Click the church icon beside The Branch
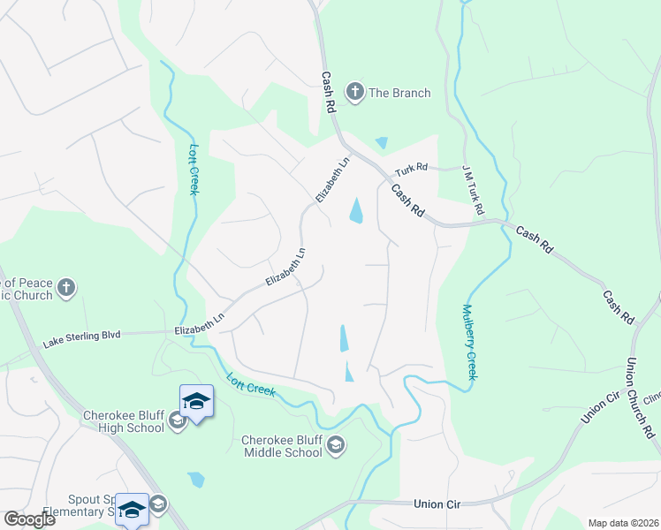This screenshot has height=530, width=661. point(354,93)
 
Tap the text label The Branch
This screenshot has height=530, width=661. point(399,94)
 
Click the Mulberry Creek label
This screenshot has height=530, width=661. point(469,343)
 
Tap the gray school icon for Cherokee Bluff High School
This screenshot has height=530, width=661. point(177,420)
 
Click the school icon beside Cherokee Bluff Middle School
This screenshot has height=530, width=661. point(335,445)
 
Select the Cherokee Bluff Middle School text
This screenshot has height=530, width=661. point(282,446)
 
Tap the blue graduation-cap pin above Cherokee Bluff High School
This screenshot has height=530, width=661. point(195,402)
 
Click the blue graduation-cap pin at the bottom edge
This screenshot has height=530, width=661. point(132,510)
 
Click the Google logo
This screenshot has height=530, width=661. point(29,519)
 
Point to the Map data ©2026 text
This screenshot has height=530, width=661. point(623,523)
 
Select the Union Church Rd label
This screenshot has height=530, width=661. point(639,397)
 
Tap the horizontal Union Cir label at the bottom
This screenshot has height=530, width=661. point(438,503)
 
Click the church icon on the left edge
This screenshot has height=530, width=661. point(65,287)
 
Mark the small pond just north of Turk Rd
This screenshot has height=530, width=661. point(382,143)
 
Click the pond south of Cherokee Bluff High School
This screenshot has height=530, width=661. point(196,480)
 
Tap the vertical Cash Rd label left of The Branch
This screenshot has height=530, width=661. point(329,92)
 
